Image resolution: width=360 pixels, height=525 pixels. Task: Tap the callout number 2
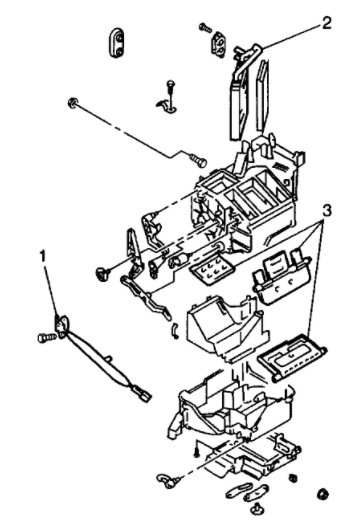click(x=298, y=20)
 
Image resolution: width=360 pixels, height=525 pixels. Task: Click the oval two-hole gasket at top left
click(x=118, y=40)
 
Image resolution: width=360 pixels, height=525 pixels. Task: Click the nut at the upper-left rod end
click(x=74, y=103)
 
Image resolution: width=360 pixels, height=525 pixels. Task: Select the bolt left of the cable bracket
click(x=43, y=337)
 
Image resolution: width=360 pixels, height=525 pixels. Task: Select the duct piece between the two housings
click(x=222, y=331)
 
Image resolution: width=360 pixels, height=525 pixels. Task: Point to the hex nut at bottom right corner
click(x=323, y=495)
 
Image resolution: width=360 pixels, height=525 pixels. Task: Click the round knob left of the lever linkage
click(x=103, y=271)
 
